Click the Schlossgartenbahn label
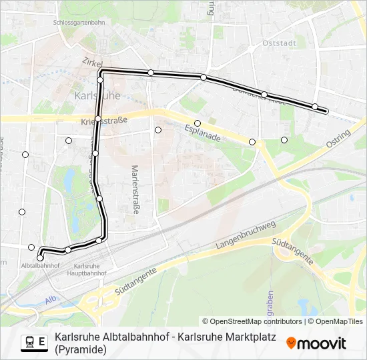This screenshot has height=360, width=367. [x=79, y=22]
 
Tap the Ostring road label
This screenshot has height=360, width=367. [x=339, y=142]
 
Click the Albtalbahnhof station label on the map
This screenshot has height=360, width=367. [x=41, y=266]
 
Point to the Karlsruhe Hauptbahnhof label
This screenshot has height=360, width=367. [x=87, y=269]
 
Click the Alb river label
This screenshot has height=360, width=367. [x=51, y=299]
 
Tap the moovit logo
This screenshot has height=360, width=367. [x=316, y=343]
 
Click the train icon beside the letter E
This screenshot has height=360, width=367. [x=29, y=342]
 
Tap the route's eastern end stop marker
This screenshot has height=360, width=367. [x=315, y=107]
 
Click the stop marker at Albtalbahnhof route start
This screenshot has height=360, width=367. [x=40, y=257]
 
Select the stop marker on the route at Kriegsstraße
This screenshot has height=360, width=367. [x=98, y=119]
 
